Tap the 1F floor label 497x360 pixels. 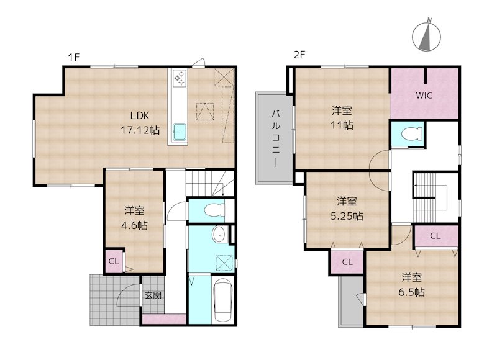click(73, 57)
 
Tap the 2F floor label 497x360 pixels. click(299, 55)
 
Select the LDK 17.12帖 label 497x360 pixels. click(140, 123)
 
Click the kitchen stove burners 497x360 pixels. click(180, 78)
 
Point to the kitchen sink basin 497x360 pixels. click(180, 132)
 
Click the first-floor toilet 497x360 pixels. click(214, 210)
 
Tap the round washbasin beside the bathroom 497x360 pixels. click(219, 235)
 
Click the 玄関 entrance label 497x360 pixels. click(153, 295)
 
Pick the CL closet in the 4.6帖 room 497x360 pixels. click(114, 261)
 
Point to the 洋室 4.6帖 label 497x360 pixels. click(134, 218)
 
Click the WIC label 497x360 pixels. click(424, 96)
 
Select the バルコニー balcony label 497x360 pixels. click(275, 138)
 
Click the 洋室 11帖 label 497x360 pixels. click(342, 118)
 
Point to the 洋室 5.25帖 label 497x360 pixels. click(347, 209)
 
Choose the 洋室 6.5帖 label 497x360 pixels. click(411, 285)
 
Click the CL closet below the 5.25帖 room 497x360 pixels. click(347, 262)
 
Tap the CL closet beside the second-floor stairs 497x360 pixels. click(435, 236)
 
